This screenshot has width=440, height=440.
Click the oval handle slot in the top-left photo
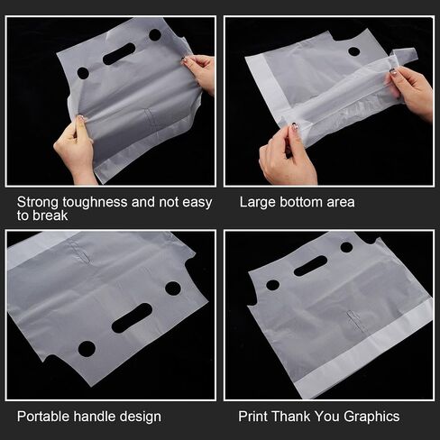click(119, 54)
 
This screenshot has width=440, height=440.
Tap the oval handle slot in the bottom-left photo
click(132, 318)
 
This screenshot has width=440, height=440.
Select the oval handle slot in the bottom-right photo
click(310, 266)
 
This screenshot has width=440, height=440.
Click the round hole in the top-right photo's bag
click(354, 51)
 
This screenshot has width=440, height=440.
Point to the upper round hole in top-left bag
click(155, 35)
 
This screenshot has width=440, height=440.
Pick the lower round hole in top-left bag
click(83, 73)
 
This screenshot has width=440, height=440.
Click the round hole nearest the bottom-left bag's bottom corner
click(87, 349)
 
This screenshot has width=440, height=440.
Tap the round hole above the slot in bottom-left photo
click(173, 289)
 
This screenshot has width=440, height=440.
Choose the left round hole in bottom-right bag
click(273, 285)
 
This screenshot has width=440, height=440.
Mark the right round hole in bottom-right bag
click(346, 247)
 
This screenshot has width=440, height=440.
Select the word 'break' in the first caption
click(50, 215)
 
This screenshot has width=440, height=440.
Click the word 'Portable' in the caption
click(43, 417)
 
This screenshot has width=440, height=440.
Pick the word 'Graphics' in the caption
click(371, 417)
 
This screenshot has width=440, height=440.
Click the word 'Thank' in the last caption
click(291, 417)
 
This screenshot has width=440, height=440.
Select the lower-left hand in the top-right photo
click(286, 156)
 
